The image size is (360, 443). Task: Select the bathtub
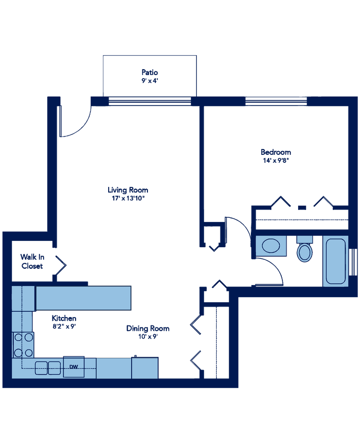(335, 261)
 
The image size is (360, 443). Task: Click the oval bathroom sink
(271, 246)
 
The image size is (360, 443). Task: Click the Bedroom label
(276, 156)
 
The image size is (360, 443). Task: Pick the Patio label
(150, 76)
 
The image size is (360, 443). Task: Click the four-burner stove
(23, 345)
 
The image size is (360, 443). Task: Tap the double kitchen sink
(48, 367)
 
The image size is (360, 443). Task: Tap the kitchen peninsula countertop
(83, 298)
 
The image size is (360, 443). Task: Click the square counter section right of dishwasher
(145, 367)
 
